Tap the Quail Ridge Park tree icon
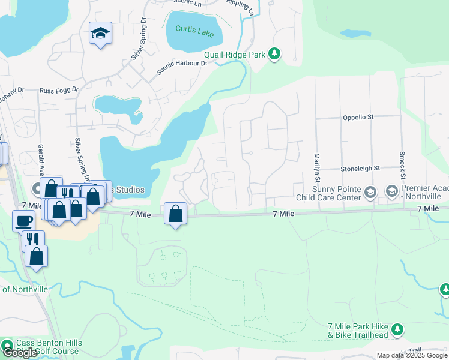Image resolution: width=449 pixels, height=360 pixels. point(274,55)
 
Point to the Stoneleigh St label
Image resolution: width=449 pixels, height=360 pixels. point(360,169)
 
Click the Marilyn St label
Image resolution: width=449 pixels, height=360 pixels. point(316,168)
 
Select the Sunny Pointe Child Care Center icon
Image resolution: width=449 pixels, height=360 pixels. point(370,192)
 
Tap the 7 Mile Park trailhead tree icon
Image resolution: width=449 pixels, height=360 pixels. point(397,329)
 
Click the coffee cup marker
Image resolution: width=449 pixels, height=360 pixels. point(23,220)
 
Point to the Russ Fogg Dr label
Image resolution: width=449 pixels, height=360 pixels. point(59,90)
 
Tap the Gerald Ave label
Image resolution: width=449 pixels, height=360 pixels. point(41,158)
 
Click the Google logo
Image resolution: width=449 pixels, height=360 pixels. point(20,353)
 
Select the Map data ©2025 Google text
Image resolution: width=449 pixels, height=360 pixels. point(411,355)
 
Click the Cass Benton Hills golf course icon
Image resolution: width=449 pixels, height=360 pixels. point(7,346)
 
